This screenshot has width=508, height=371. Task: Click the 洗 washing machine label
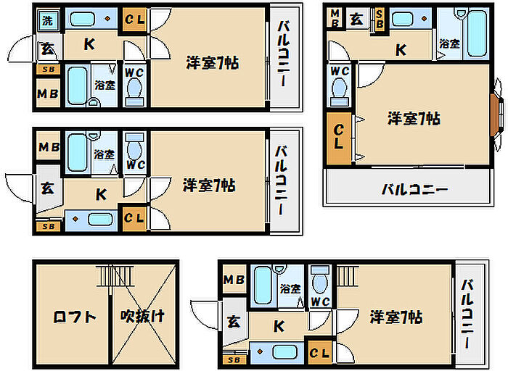coord(47,20)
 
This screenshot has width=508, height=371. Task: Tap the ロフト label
coord(74,317)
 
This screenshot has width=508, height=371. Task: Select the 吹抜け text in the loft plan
coord(143,317)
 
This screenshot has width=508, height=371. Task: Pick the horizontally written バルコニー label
coord(414,190)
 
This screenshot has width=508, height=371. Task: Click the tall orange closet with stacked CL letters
coord(340,137)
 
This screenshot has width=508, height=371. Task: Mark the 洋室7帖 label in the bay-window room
coord(413,117)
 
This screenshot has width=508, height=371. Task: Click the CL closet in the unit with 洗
coord(134,20)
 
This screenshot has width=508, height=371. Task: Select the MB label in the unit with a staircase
coord(234,280)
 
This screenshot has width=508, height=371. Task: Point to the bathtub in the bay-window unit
coord(476,33)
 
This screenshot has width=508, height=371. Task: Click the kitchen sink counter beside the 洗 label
coord(91,19)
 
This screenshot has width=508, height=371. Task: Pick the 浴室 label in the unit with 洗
coord(105,85)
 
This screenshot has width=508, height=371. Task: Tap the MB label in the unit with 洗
coord(47,94)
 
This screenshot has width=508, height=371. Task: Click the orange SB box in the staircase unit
coord(234,359)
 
